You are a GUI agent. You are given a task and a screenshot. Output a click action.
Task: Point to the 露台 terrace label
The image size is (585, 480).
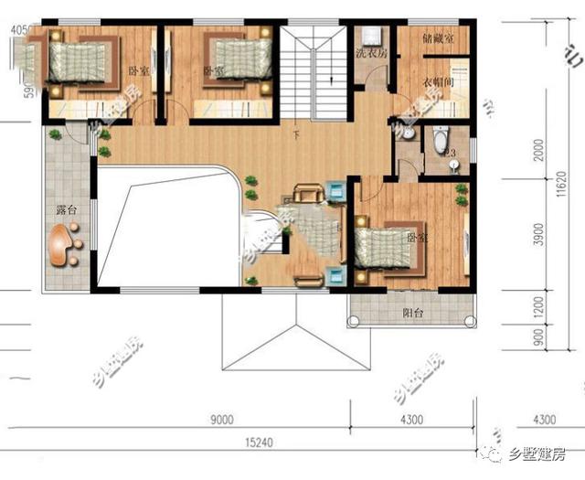pyautogui.click(x=66, y=209)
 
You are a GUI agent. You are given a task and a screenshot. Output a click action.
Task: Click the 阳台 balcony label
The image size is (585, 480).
pyautogui.click(x=413, y=312)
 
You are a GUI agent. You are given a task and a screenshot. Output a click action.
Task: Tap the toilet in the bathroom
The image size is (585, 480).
pyautogui.click(x=440, y=141)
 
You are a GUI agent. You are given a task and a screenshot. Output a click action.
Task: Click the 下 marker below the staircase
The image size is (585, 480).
pyautogui.click(x=295, y=136)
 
